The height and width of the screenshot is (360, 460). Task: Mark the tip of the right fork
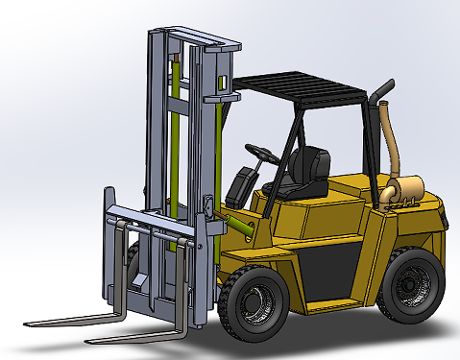click(x=89, y=341)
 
